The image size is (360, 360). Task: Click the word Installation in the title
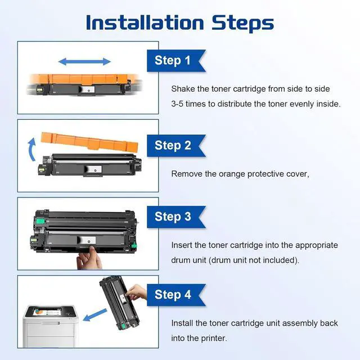[x=145, y=22]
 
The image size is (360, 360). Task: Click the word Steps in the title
[x=242, y=24]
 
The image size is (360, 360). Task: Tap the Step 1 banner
[x=176, y=61]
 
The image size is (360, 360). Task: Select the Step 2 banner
[x=176, y=146]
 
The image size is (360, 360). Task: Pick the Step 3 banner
[x=176, y=217]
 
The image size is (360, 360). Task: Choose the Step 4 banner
[x=176, y=295]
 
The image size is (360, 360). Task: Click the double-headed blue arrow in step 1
[x=84, y=61]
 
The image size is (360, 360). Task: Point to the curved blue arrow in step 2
[x=31, y=149]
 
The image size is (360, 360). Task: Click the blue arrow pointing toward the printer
[x=95, y=315]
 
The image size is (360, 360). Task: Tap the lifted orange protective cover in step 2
[x=89, y=142]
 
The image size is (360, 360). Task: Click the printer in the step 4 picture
[x=50, y=326]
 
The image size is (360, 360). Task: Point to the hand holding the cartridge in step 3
[x=89, y=258]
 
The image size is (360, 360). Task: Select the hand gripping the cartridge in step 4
[x=136, y=292]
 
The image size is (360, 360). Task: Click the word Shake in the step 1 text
[x=183, y=89]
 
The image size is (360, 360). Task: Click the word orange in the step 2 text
[x=232, y=174]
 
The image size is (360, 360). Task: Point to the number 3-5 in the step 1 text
[x=177, y=104]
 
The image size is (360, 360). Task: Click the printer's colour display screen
[x=47, y=312]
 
